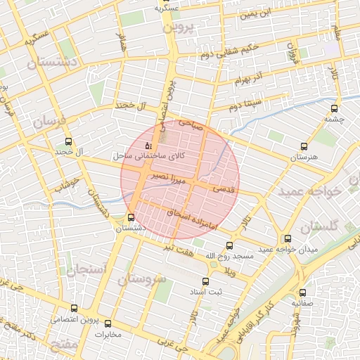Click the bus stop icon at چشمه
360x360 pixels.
coord(333,109)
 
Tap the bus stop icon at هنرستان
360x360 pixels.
coord(304,147)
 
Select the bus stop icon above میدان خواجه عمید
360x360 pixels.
coord(287,239)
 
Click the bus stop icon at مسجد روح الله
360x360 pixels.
coord(230,245)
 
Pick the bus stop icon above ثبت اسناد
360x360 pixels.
coord(205,281)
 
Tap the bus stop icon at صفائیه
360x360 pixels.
coord(303,292)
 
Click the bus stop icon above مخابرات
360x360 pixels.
coord(108,323)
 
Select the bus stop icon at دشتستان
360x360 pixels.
coord(131,217)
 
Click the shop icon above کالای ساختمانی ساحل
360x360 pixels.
coord(148,145)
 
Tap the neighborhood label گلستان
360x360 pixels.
coord(319,226)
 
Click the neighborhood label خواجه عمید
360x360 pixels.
coord(309,191)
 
